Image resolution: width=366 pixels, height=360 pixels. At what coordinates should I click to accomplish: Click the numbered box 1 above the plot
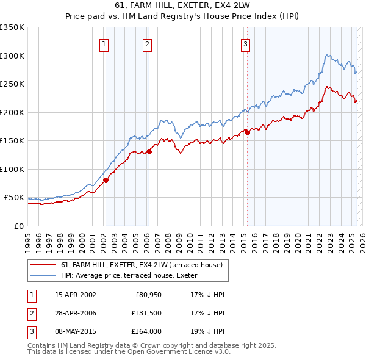click(x=105, y=43)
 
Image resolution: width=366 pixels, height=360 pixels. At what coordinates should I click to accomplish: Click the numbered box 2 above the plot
click(x=148, y=43)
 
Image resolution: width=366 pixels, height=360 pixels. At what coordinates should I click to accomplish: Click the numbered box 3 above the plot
click(x=245, y=43)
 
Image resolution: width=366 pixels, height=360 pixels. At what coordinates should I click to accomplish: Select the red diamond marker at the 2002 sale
click(x=106, y=180)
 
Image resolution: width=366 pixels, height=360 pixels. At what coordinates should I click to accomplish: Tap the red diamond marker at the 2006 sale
click(x=149, y=152)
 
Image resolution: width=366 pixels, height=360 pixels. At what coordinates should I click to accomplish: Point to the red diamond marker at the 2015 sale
click(x=247, y=133)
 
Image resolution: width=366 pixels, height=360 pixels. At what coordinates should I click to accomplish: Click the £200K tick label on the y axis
click(x=12, y=112)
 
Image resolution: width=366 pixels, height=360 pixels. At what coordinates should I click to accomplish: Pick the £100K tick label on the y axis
click(x=12, y=169)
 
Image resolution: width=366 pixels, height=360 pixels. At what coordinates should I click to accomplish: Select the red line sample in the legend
click(x=44, y=265)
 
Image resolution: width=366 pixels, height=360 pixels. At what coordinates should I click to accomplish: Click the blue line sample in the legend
click(x=44, y=275)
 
